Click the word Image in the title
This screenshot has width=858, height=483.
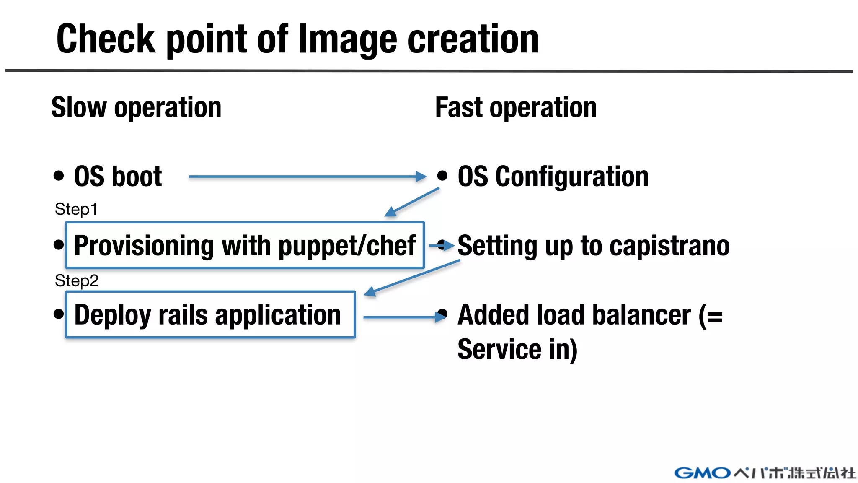(347, 40)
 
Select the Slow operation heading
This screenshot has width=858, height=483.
(136, 108)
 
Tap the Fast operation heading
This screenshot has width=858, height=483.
(516, 108)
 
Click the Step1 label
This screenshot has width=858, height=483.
(76, 209)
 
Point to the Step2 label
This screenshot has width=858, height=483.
(76, 280)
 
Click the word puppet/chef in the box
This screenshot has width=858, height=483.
(347, 246)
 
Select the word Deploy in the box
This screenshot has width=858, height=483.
(112, 315)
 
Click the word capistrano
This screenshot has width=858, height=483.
(669, 246)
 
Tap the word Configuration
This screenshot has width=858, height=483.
(572, 177)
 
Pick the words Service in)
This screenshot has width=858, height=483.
(517, 350)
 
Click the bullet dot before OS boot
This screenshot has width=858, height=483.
(59, 175)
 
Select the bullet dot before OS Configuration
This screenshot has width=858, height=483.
(442, 175)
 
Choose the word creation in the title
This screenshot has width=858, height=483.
(473, 40)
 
